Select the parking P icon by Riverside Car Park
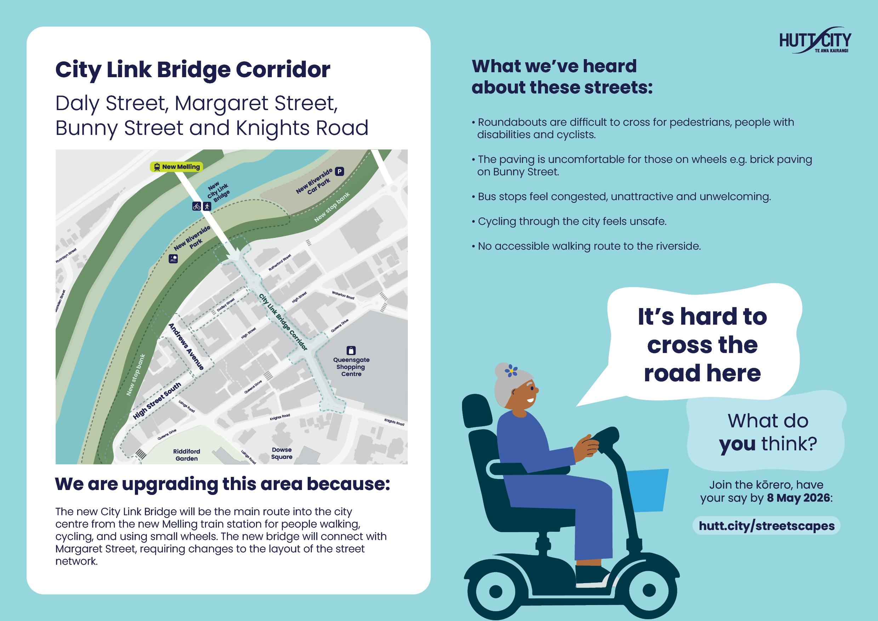339,171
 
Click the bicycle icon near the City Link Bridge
196,206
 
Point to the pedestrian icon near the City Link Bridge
207,206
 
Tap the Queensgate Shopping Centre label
351,367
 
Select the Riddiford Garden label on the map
187,455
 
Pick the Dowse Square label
281,453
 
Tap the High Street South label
157,401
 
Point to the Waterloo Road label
343,295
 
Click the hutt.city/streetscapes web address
766,525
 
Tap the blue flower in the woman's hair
511,370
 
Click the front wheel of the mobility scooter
649,591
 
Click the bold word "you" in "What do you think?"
737,444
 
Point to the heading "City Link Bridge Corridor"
193,70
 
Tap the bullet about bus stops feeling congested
624,196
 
